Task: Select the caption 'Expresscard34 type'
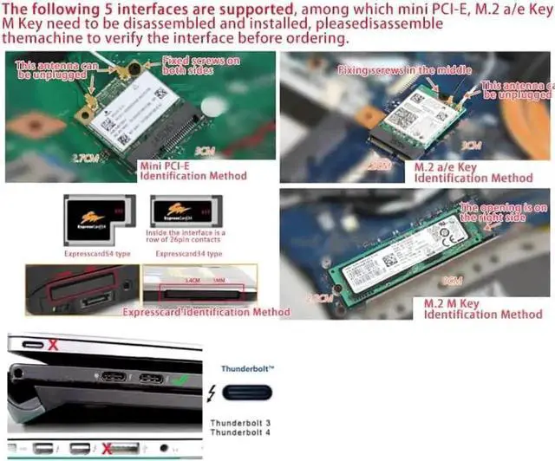click(189, 255)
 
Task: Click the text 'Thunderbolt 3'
click(239, 423)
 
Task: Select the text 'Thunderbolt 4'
click(239, 433)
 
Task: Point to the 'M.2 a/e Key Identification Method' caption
click(472, 172)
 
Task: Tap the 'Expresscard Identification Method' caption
click(206, 312)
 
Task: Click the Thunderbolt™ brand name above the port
click(246, 369)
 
